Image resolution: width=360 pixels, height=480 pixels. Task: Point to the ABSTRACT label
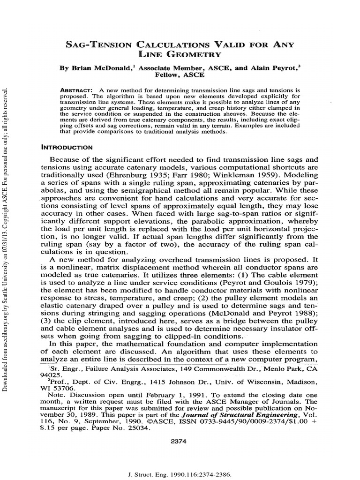(x=77, y=90)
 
